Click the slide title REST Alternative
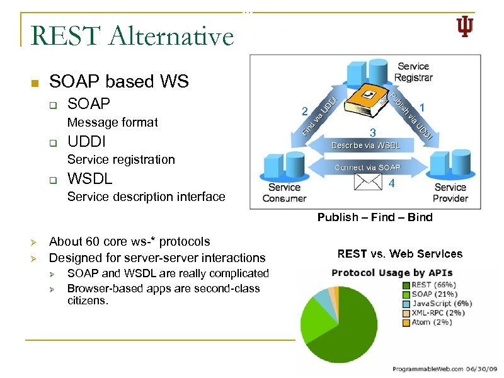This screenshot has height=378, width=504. click(132, 35)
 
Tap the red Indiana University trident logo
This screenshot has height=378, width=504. click(464, 27)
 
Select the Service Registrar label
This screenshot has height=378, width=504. click(413, 72)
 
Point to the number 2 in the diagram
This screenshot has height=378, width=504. click(304, 112)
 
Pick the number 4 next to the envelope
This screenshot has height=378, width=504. click(392, 184)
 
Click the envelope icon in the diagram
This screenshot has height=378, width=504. click(369, 181)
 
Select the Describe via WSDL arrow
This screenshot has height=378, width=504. click(365, 145)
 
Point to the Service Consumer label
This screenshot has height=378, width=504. click(284, 192)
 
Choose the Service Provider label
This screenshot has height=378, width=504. click(450, 192)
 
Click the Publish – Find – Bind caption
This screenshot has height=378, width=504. click(375, 217)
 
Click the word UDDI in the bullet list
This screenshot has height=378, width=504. click(86, 140)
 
